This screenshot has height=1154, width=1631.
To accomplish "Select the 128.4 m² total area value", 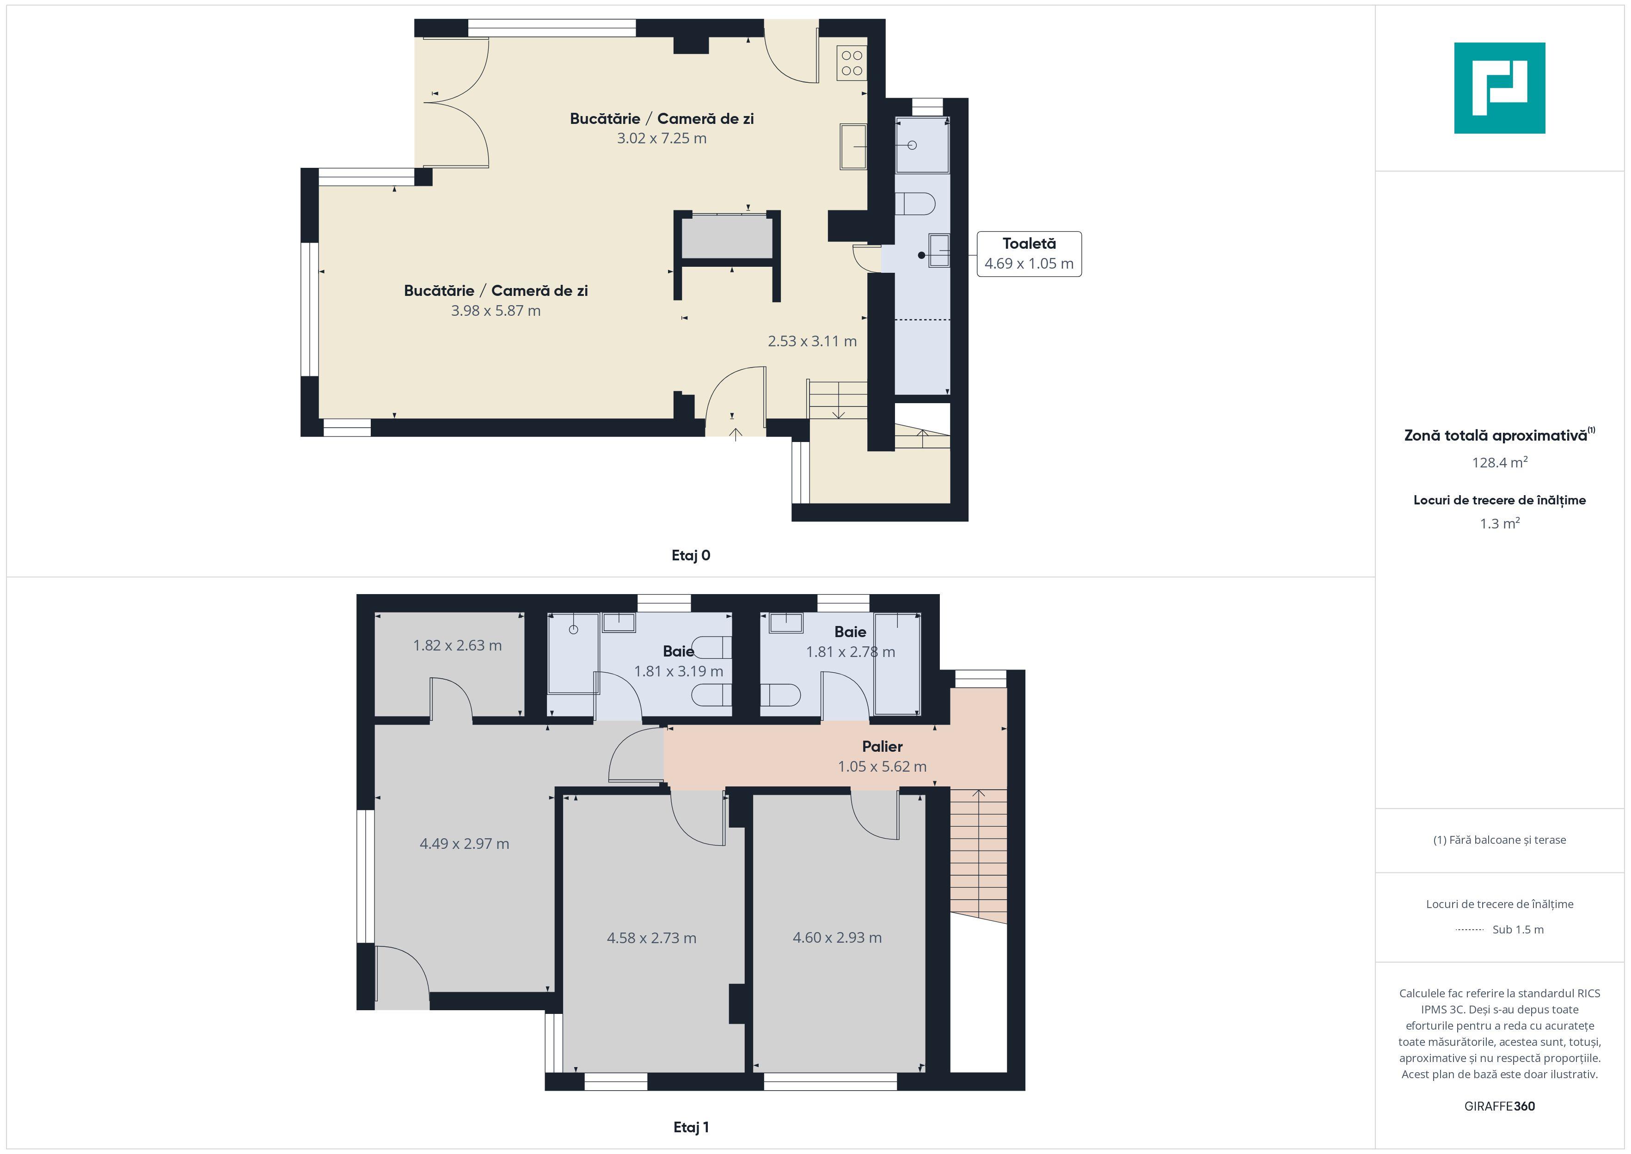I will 1499,463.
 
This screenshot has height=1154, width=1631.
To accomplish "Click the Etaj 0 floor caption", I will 691,556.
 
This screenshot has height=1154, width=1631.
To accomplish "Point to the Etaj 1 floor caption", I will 691,1127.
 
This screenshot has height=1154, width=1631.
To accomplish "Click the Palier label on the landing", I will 882,746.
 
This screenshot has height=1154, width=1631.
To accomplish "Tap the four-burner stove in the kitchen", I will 852,62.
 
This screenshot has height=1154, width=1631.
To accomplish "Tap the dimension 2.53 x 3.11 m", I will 812,341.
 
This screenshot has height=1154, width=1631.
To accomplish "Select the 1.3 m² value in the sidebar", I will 1499,524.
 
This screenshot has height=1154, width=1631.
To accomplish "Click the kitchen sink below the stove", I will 853,147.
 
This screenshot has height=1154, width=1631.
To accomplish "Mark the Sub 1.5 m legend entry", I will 1517,929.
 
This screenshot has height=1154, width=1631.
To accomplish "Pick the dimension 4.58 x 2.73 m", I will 651,938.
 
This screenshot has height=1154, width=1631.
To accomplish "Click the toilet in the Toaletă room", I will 916,204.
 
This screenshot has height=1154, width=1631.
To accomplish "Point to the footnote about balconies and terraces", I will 1499,840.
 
